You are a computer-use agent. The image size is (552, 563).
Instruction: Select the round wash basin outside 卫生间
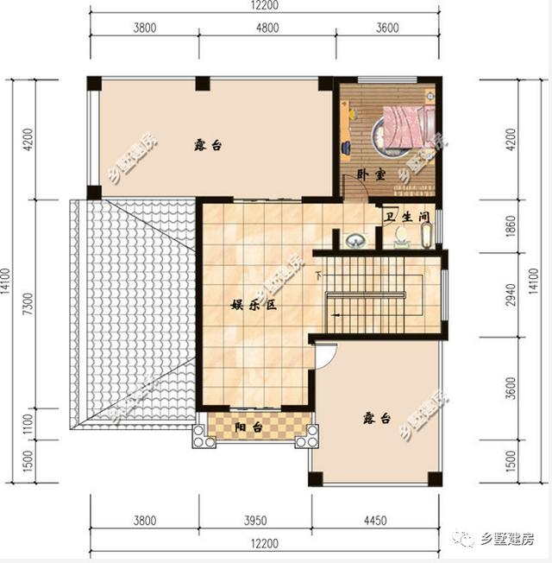point(354,240)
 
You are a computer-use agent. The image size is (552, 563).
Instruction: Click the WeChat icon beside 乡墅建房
point(467,540)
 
